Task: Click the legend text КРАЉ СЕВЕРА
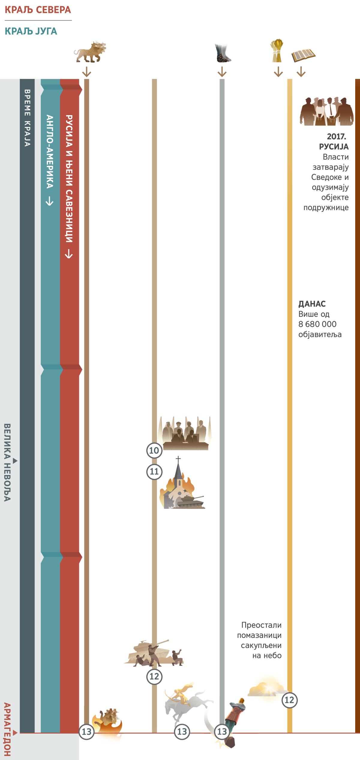[x=38, y=10]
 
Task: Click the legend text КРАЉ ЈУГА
[x=31, y=31]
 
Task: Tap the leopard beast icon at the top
[x=90, y=51]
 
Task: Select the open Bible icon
[x=304, y=56]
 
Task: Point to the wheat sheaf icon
[x=277, y=50]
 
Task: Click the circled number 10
[x=154, y=450]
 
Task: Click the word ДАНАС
[x=312, y=304]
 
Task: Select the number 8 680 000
[x=317, y=324]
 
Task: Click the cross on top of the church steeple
[x=178, y=460]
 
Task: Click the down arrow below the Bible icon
[x=301, y=71]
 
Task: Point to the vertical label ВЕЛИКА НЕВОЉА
[x=7, y=462]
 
